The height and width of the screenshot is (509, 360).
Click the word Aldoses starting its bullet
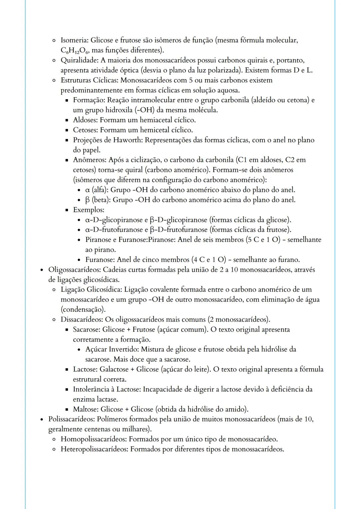click(85, 120)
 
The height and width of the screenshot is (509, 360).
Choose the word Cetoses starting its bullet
click(85, 130)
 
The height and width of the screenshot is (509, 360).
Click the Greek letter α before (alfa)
click(88, 190)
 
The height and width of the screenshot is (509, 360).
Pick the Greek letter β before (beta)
click(88, 200)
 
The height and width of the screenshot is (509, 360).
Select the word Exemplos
click(88, 210)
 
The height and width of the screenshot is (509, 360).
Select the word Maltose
click(85, 409)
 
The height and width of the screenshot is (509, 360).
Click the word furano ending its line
click(288, 259)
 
